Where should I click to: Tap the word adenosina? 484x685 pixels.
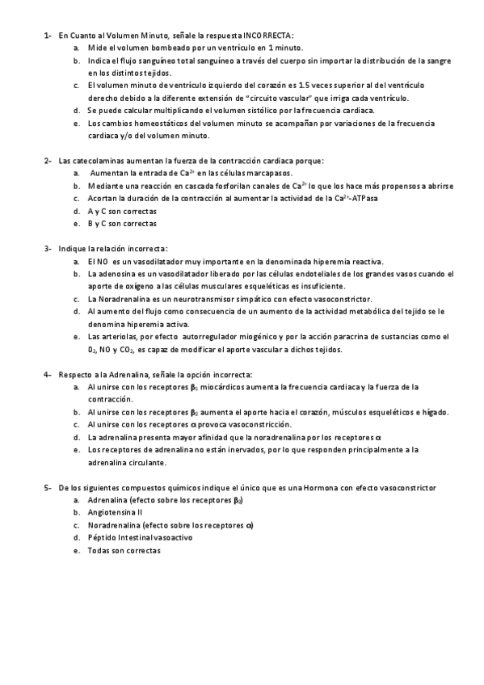point(117,274)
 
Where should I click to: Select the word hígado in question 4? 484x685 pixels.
point(432,412)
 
